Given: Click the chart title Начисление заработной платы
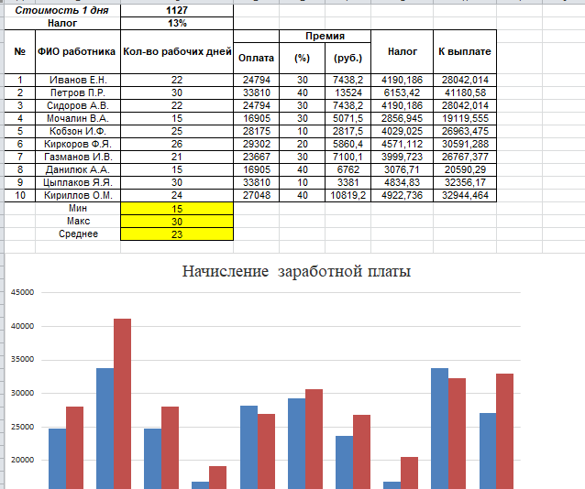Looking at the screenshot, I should click(296, 272).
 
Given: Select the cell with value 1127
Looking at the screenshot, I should click(177, 10).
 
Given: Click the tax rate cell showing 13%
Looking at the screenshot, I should click(177, 23).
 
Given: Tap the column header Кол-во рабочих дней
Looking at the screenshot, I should click(177, 52).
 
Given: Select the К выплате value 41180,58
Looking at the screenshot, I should click(465, 92).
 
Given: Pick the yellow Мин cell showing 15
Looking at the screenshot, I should click(177, 209).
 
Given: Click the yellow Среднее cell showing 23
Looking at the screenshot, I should click(177, 234).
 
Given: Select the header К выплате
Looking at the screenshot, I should click(465, 52).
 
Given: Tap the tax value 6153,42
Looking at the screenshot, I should click(403, 92).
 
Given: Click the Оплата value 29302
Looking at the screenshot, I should click(257, 144).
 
